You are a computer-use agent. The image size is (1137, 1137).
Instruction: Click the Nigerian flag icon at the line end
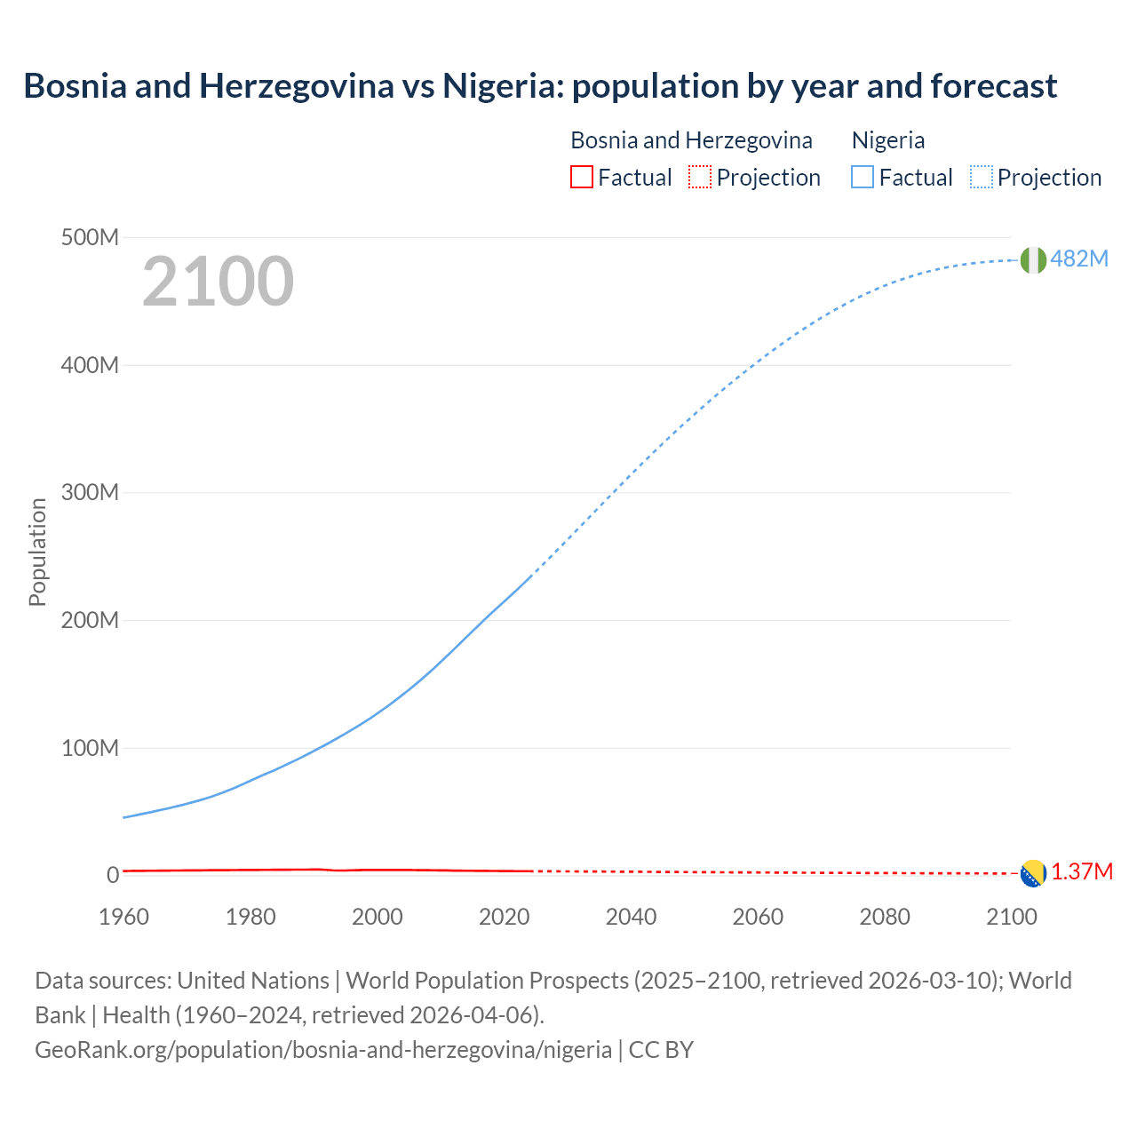[1033, 260]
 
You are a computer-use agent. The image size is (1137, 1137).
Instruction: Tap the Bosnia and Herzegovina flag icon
[1033, 873]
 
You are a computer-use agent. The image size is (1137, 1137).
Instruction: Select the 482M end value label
[1079, 258]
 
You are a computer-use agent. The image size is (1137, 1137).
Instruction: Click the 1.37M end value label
[1082, 871]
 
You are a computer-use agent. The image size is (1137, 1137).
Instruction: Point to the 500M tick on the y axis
[90, 238]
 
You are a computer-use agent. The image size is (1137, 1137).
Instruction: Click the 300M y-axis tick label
[90, 493]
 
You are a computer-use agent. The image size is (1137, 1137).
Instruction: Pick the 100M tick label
[90, 748]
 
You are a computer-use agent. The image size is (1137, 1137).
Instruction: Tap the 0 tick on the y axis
[113, 875]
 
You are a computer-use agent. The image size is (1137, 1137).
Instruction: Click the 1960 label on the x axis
[123, 917]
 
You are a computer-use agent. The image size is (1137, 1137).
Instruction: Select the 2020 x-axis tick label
[504, 917]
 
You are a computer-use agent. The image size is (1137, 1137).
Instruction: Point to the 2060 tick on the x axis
[758, 917]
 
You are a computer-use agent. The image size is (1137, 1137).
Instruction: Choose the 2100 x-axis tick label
[1011, 917]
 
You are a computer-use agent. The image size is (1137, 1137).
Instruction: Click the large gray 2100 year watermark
[218, 282]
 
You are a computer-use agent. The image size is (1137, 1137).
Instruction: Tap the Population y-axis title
[37, 552]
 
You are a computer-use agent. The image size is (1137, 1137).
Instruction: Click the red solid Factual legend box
[581, 178]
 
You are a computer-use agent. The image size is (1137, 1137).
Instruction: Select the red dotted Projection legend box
[700, 178]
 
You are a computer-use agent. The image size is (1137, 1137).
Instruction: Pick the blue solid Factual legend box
[863, 178]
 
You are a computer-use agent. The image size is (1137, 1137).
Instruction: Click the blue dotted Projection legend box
[981, 178]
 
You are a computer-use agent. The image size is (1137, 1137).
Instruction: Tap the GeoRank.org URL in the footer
[323, 1049]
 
